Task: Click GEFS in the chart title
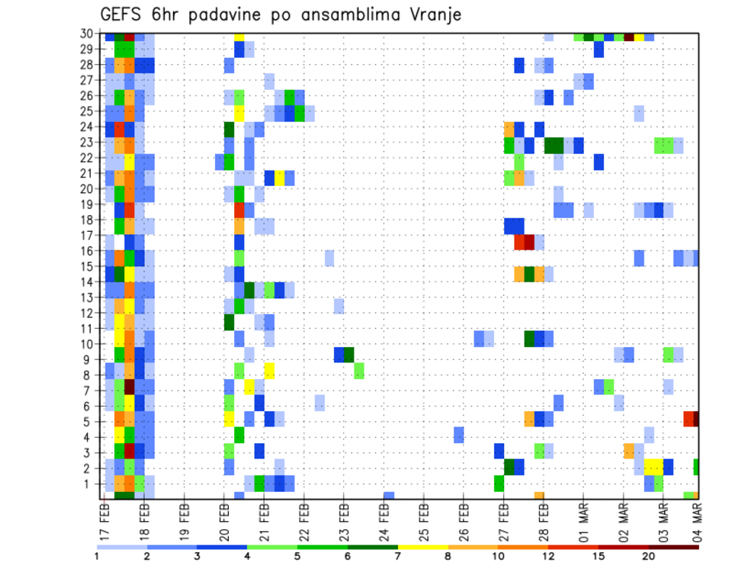pos(121,15)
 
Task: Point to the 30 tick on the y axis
pos(88,34)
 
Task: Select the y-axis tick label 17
pos(88,236)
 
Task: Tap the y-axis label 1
pos(91,484)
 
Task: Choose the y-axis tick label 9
pos(91,359)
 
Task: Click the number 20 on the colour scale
pos(649,555)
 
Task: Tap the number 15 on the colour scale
pos(599,555)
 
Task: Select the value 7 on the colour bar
pos(398,555)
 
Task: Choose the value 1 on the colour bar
pos(97,555)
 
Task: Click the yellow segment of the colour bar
pos(423,546)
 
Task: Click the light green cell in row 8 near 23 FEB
pos(359,371)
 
